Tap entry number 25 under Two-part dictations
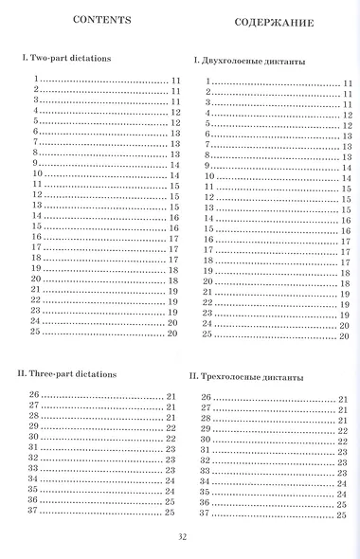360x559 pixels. [x=37, y=333]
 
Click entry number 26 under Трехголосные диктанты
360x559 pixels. [x=206, y=396]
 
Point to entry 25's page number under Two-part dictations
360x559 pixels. [x=173, y=334]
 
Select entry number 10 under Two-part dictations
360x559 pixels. [x=37, y=174]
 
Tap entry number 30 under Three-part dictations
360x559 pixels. [x=37, y=438]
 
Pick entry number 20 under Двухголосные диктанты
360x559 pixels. [x=208, y=282]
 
